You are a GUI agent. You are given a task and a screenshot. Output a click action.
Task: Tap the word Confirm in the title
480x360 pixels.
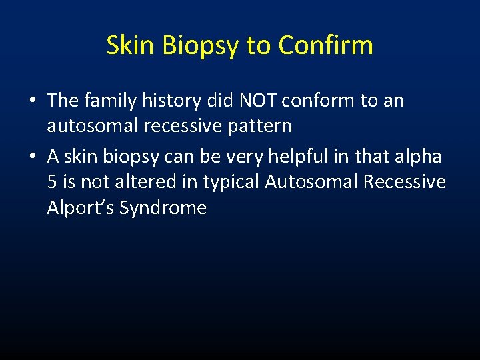[x=325, y=45]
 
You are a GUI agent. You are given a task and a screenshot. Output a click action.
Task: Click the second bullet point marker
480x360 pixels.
[x=33, y=157]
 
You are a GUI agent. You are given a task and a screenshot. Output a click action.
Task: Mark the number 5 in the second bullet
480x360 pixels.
[x=52, y=181]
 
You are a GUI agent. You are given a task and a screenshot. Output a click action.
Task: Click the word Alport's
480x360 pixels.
[x=81, y=208]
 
